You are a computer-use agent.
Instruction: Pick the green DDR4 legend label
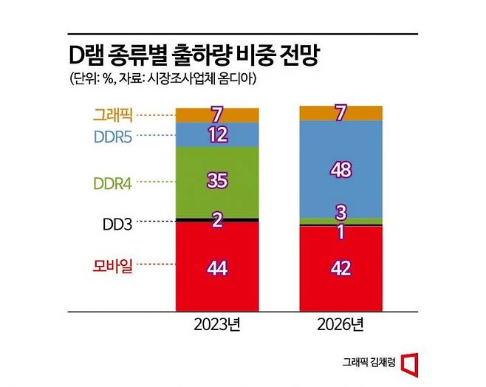click(x=113, y=182)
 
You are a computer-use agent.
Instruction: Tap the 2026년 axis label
click(x=340, y=323)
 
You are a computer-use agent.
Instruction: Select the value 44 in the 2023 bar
click(x=216, y=267)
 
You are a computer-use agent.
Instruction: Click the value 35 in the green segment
click(x=216, y=182)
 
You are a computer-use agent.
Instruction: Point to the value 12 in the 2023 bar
click(x=216, y=135)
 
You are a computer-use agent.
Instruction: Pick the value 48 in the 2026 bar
click(x=340, y=169)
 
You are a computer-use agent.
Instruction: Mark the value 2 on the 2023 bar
click(x=216, y=220)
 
